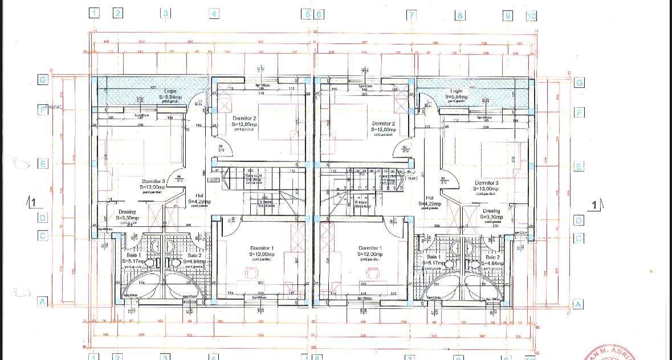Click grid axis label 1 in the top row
[95, 13]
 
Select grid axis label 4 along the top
[213, 14]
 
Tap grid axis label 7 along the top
[411, 15]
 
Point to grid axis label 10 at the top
[531, 16]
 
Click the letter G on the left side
[42, 80]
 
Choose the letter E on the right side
[579, 167]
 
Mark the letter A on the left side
[42, 302]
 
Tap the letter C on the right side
[579, 238]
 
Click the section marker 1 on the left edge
[33, 202]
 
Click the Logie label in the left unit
[170, 91]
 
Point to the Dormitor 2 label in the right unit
[383, 124]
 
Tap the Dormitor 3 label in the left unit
[153, 182]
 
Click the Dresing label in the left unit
[127, 212]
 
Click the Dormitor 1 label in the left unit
[262, 248]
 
